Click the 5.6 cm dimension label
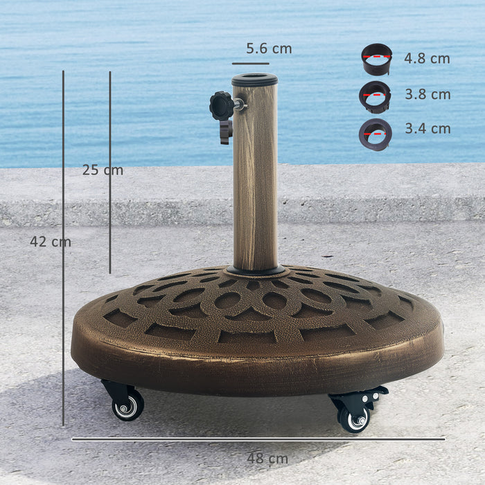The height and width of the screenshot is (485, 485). (269, 48)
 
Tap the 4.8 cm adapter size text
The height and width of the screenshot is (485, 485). (427, 59)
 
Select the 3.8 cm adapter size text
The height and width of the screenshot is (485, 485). (427, 94)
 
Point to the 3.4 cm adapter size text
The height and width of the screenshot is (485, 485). (427, 129)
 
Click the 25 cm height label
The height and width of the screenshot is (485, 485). (102, 170)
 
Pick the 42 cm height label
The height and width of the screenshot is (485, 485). (50, 242)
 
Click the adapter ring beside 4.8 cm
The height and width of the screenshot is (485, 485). (376, 60)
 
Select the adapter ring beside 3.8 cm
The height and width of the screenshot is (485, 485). (375, 96)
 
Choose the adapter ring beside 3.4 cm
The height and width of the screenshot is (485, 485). (375, 133)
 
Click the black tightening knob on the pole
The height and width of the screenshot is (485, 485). (222, 106)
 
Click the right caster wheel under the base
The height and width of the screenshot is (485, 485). (353, 418)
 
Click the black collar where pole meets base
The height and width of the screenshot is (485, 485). (256, 270)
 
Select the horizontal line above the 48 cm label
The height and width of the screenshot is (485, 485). (258, 439)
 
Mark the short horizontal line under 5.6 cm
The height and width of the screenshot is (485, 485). (250, 64)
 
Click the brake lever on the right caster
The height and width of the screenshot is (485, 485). (375, 394)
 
